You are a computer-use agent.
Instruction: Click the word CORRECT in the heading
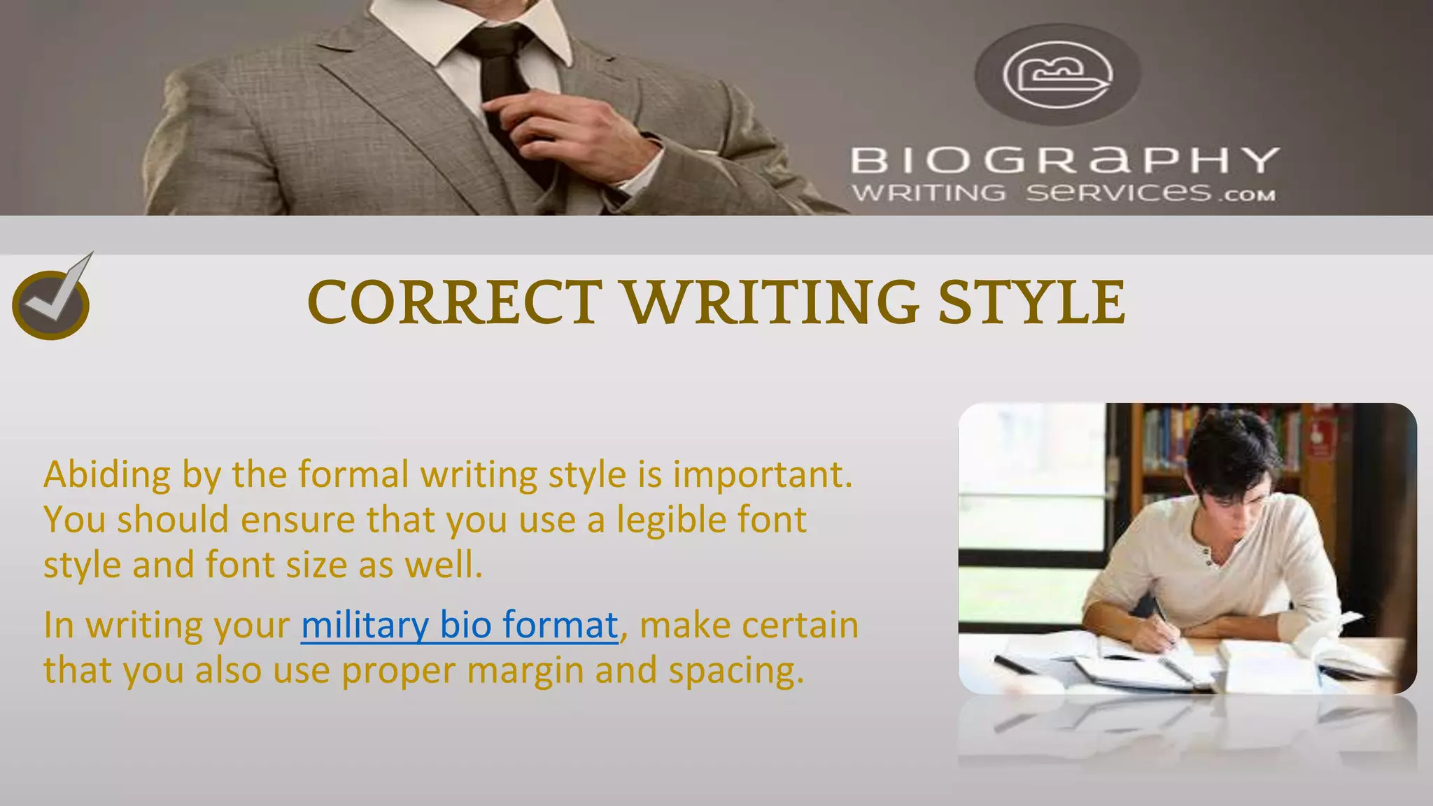[454, 302]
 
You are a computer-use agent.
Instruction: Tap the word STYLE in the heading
[1031, 302]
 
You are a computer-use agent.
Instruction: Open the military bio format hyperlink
[460, 625]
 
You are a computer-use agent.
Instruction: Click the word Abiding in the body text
[106, 474]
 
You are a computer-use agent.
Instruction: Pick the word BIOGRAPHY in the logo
[1064, 160]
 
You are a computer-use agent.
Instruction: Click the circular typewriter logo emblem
[1057, 74]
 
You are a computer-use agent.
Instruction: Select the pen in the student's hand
[1162, 616]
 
